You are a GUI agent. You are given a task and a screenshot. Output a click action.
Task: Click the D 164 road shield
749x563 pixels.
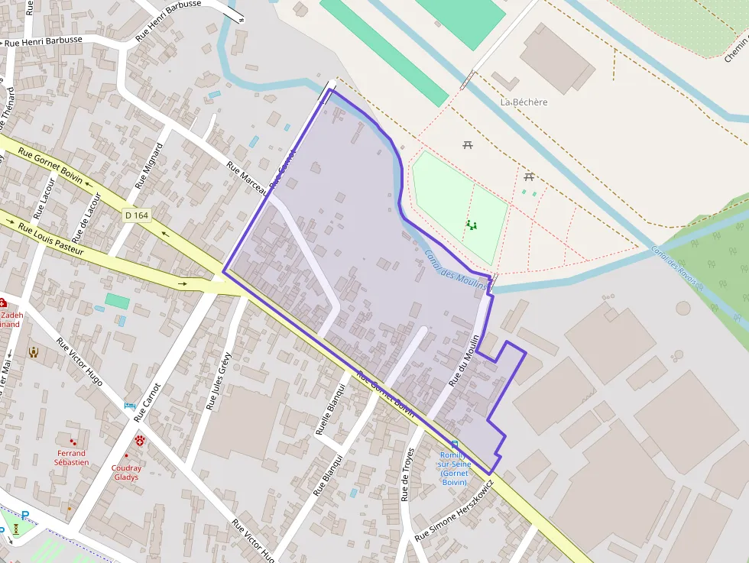(x=136, y=215)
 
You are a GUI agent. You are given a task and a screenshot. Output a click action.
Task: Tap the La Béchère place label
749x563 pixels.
(x=524, y=102)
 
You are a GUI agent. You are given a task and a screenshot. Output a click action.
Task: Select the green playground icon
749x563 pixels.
(x=472, y=225)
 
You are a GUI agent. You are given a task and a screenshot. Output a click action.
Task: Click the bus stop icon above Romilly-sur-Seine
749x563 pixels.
(x=455, y=444)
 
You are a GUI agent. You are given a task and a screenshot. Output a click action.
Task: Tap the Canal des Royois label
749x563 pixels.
(x=673, y=264)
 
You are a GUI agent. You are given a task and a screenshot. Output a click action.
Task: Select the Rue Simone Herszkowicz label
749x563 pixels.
(x=455, y=510)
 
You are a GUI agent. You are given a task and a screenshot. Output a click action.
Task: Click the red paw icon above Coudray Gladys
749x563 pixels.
(x=141, y=440)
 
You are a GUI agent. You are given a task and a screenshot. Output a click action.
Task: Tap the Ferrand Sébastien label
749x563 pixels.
(x=71, y=458)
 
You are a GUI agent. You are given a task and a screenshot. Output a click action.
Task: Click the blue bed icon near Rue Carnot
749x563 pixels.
(x=130, y=405)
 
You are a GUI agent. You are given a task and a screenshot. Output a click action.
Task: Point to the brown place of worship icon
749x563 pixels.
(x=34, y=351)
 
